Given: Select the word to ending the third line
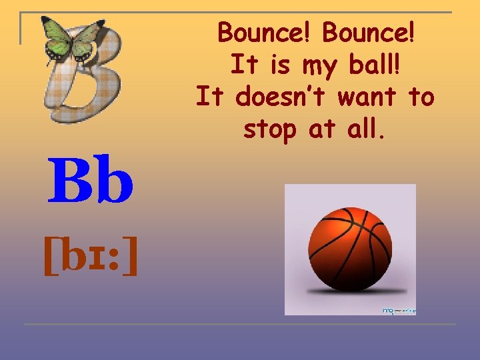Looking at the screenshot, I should pos(421,98).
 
